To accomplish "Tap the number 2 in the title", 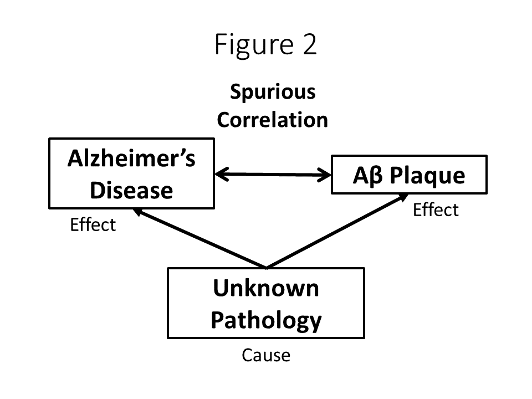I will tap(309, 44).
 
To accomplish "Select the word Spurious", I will tap(273, 92).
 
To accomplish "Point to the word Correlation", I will tap(272, 120).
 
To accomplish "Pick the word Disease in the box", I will tap(131, 191).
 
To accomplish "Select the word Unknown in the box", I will tap(266, 289).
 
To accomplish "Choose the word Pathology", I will tap(266, 320).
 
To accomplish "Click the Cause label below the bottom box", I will tap(266, 355).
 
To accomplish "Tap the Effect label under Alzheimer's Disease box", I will tap(93, 224).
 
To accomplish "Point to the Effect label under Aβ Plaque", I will tap(436, 210).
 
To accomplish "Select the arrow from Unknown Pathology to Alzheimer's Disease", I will tap(199, 238).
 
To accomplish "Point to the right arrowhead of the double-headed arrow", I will tap(324, 176).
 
